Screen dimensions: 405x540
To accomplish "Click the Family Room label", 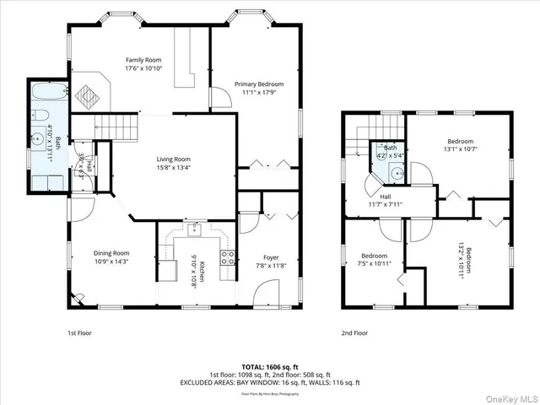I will [143, 60].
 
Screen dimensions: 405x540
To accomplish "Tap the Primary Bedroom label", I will [258, 84].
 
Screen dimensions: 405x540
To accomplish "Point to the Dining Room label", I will [111, 252].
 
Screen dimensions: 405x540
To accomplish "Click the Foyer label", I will [271, 257].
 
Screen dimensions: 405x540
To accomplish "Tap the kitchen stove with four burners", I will [227, 258].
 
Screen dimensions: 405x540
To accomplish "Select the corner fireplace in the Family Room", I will [88, 94].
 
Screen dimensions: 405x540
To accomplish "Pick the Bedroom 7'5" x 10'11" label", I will [374, 256].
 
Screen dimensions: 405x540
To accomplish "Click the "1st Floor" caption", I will [80, 333].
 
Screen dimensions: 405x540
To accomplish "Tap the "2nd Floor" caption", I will [354, 333].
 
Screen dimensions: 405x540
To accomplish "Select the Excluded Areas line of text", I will [270, 382].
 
